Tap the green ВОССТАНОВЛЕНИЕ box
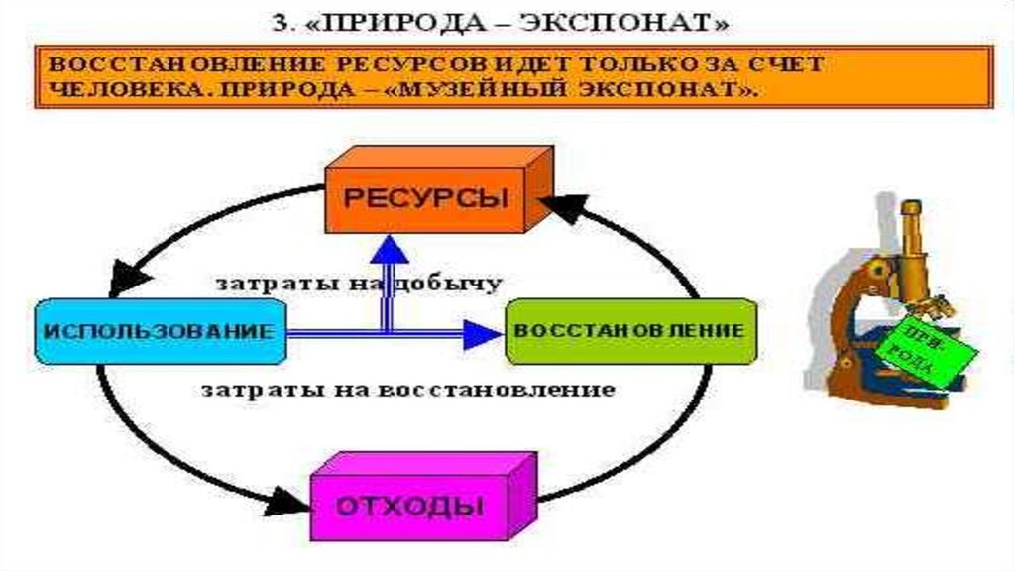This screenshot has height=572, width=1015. pyautogui.click(x=629, y=330)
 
